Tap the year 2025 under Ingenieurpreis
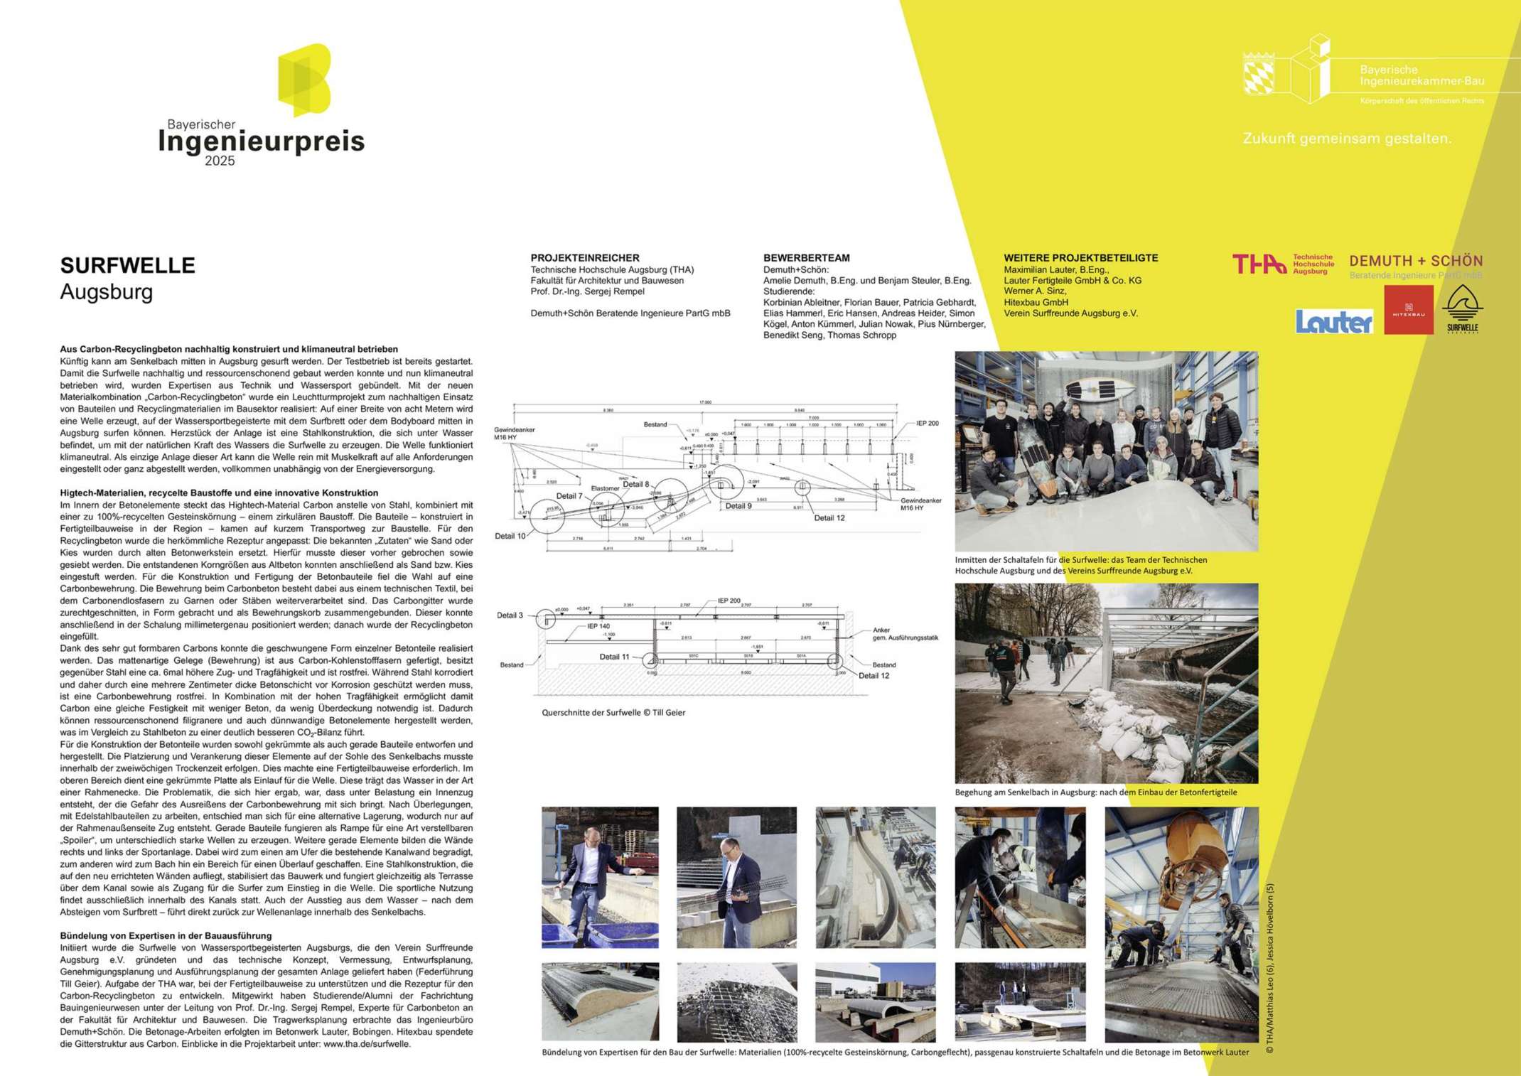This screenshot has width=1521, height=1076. click(x=220, y=161)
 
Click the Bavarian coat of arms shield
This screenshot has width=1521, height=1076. click(x=1259, y=74)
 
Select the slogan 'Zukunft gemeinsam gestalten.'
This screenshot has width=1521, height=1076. click(x=1347, y=139)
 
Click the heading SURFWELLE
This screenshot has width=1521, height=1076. click(x=127, y=266)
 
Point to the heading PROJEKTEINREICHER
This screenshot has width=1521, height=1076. click(x=585, y=258)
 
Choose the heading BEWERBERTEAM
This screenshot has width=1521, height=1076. click(x=806, y=258)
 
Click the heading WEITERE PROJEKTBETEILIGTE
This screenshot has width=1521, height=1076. click(x=1080, y=258)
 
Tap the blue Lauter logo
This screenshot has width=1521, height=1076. click(x=1334, y=322)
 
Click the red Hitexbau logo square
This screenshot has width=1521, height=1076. click(x=1409, y=310)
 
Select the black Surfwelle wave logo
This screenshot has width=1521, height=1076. click(x=1462, y=309)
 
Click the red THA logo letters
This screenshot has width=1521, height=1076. click(x=1259, y=264)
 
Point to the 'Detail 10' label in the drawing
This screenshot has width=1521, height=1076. click(x=510, y=536)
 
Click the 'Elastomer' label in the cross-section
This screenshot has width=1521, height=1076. click(x=605, y=488)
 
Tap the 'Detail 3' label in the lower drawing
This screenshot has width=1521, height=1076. click(x=510, y=615)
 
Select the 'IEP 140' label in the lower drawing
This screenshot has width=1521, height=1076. click(x=598, y=627)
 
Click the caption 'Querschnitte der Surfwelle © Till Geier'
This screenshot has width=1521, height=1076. click(x=613, y=712)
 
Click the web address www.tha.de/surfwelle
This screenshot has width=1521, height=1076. click(x=367, y=1044)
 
